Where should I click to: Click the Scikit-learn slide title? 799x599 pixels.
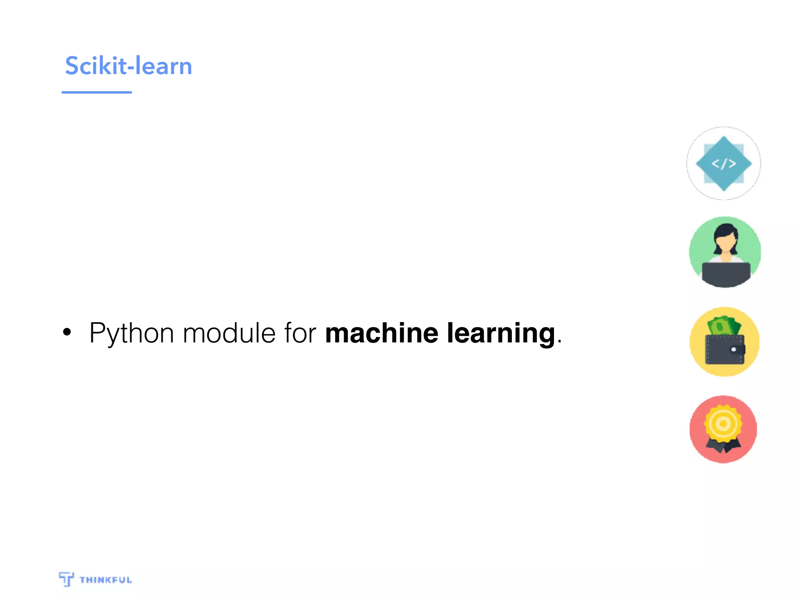(128, 66)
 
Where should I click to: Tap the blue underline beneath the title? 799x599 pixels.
(96, 92)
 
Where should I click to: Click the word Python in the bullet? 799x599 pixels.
(131, 333)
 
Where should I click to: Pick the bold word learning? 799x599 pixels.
(501, 333)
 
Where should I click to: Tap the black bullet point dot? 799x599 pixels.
(67, 332)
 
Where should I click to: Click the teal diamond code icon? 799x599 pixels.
(724, 163)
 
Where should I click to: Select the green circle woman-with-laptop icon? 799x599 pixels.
(724, 252)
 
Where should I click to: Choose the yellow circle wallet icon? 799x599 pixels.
(724, 342)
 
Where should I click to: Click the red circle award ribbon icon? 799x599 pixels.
(723, 429)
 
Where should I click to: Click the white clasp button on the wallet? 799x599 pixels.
(733, 349)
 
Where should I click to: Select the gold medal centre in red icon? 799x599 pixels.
(723, 424)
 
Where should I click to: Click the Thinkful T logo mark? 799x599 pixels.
(66, 579)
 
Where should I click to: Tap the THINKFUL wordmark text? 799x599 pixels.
(105, 580)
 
